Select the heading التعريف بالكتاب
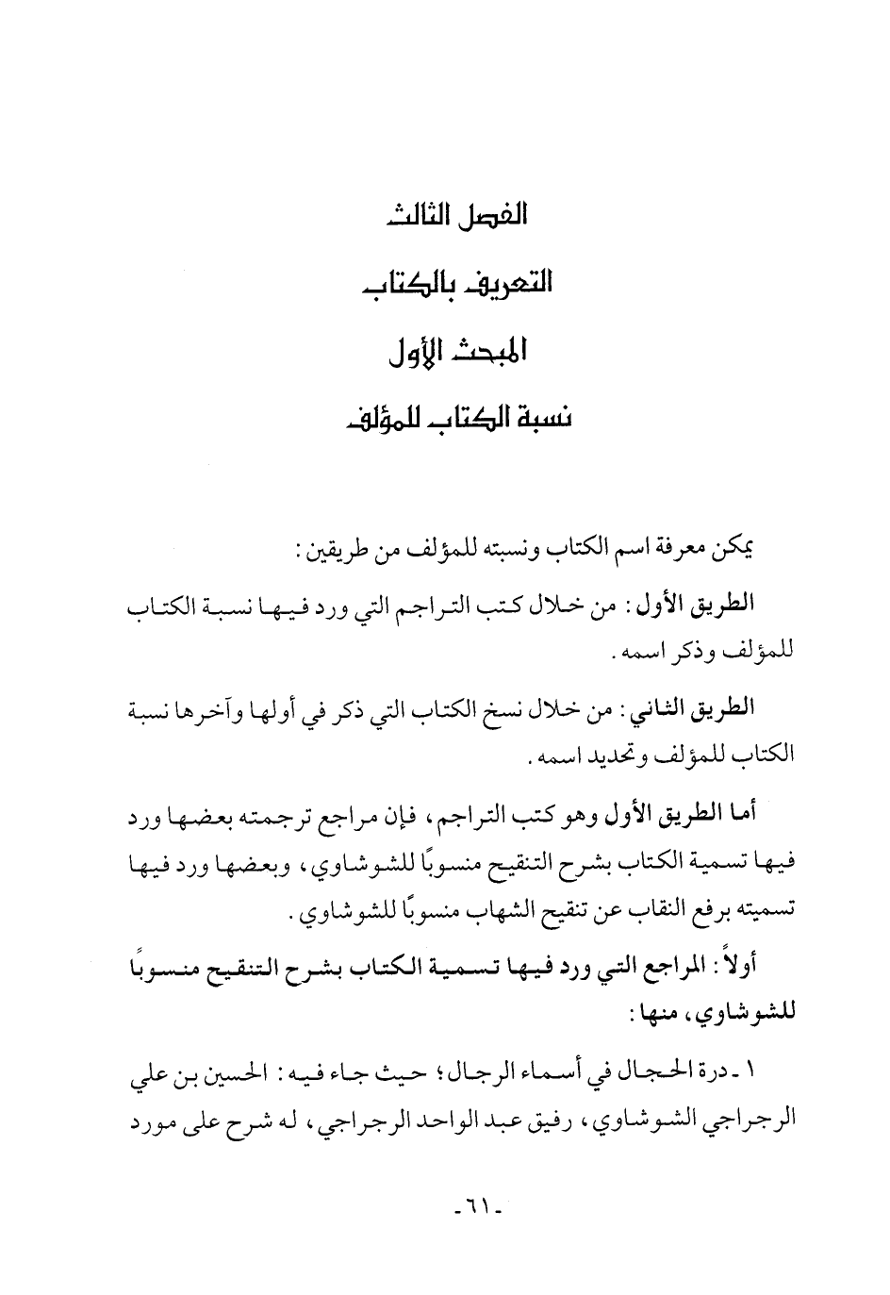pyautogui.click(x=457, y=282)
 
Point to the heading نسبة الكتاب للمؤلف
pyautogui.click(x=457, y=417)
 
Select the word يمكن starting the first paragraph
pyautogui.click(x=739, y=548)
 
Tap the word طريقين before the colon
pyautogui.click(x=324, y=548)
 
